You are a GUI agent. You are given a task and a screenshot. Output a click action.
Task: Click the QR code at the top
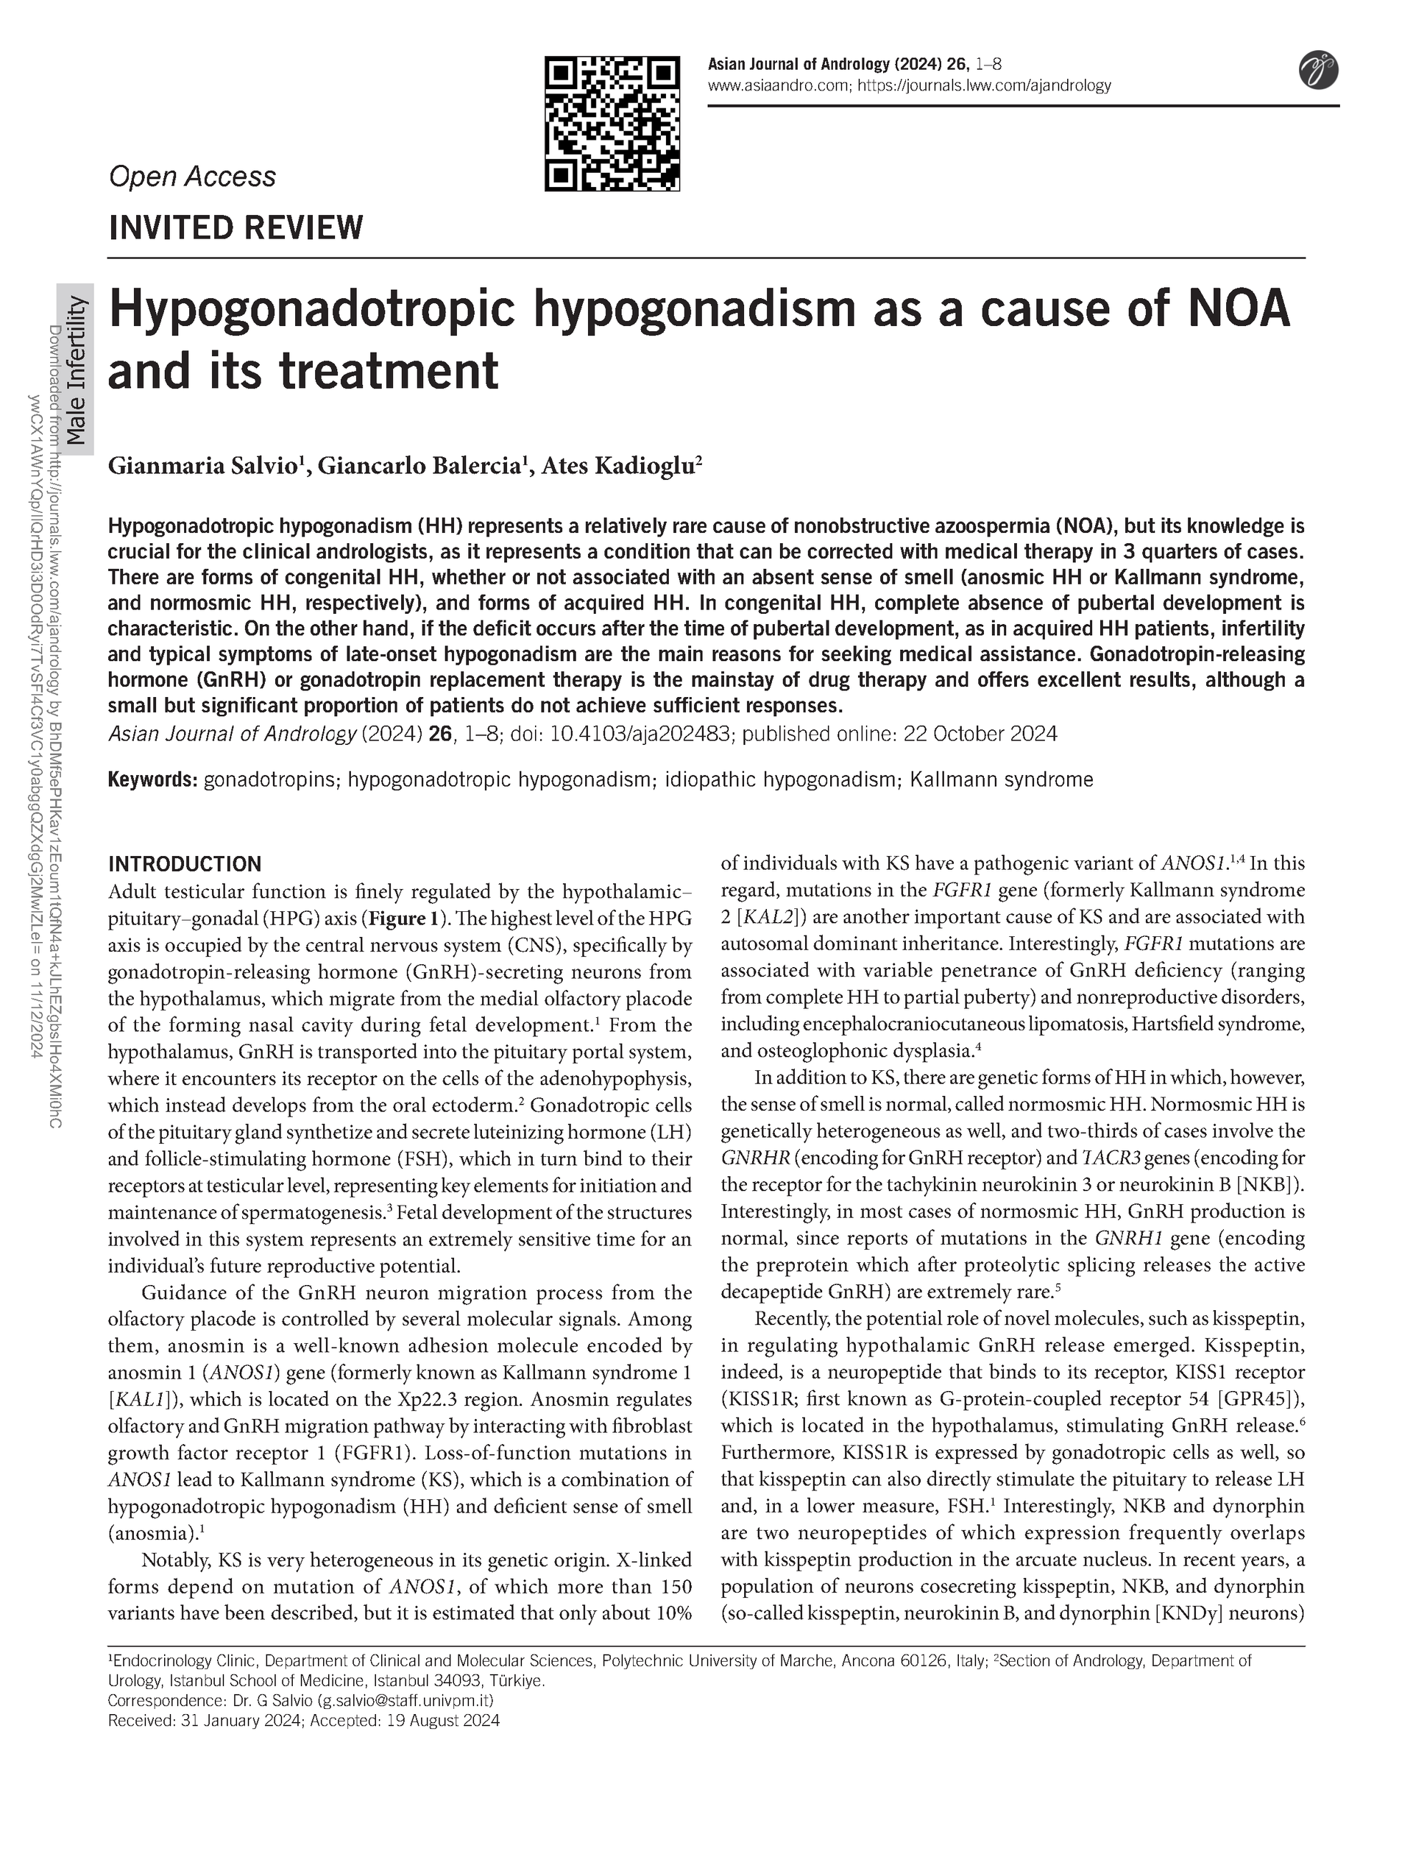tap(612, 124)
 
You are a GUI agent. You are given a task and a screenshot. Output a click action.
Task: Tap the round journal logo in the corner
tap(1318, 70)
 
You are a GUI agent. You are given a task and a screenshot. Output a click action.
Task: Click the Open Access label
tap(193, 177)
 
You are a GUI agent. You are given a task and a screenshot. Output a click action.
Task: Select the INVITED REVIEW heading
tap(235, 228)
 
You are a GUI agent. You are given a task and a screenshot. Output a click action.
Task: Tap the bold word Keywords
tap(152, 779)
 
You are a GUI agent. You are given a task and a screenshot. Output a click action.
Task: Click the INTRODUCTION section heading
tap(185, 864)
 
